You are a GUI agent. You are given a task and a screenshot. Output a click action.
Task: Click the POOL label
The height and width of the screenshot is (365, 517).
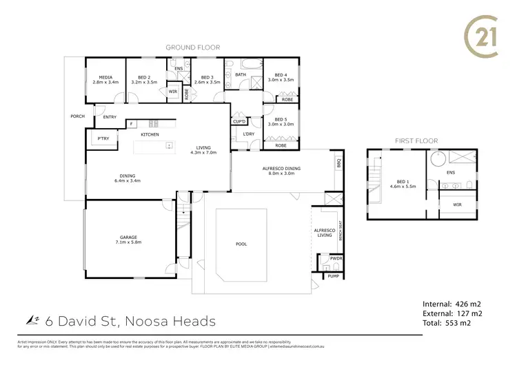click(241, 244)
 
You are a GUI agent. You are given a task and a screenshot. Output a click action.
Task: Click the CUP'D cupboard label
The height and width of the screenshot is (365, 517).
click(240, 121)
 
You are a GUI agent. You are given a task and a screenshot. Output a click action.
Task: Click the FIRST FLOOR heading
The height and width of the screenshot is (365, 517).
click(416, 140)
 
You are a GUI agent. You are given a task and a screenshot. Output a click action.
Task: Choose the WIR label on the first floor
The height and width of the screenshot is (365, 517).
click(457, 205)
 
